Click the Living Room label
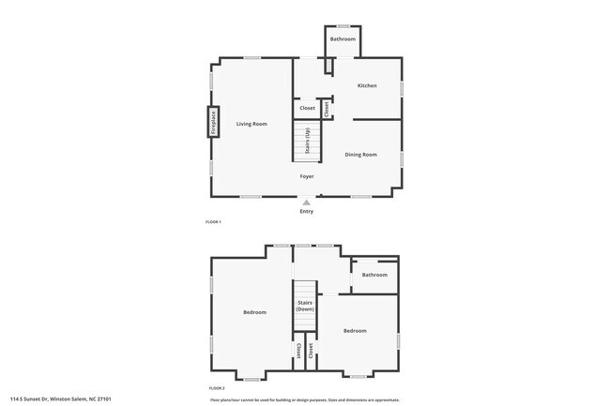tap(252, 124)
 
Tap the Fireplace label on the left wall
tap(213, 122)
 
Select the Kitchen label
tap(367, 85)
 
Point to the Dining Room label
tap(360, 154)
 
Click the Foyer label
tap(307, 176)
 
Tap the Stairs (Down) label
tap(305, 306)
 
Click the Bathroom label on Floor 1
tap(343, 38)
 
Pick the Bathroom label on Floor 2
tap(374, 275)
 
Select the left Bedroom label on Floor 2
tap(254, 312)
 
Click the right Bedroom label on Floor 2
tap(354, 330)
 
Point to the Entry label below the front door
tap(307, 212)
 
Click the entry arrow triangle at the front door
tap(307, 200)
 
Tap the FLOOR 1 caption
tap(213, 222)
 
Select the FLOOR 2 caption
tap(216, 387)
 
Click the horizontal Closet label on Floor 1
tap(307, 109)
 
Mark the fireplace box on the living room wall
tap(213, 122)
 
